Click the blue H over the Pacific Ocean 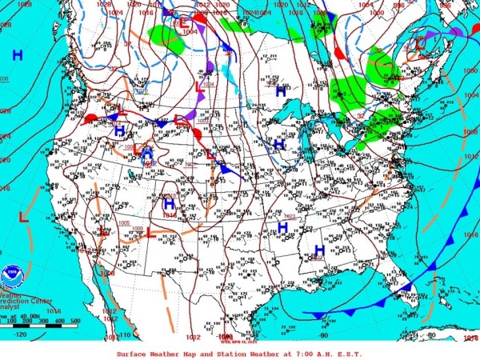pyautogui.click(x=18, y=54)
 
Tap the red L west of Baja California pyautogui.click(x=24, y=216)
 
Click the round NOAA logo pyautogui.click(x=10, y=276)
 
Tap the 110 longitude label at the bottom pyautogui.click(x=124, y=336)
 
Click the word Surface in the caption pyautogui.click(x=133, y=354)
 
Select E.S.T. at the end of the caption pyautogui.click(x=350, y=354)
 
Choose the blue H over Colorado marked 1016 pyautogui.click(x=169, y=204)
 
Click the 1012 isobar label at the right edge pyautogui.click(x=470, y=156)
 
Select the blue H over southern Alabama pyautogui.click(x=319, y=238)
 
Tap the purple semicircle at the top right pyautogui.click(x=455, y=32)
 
